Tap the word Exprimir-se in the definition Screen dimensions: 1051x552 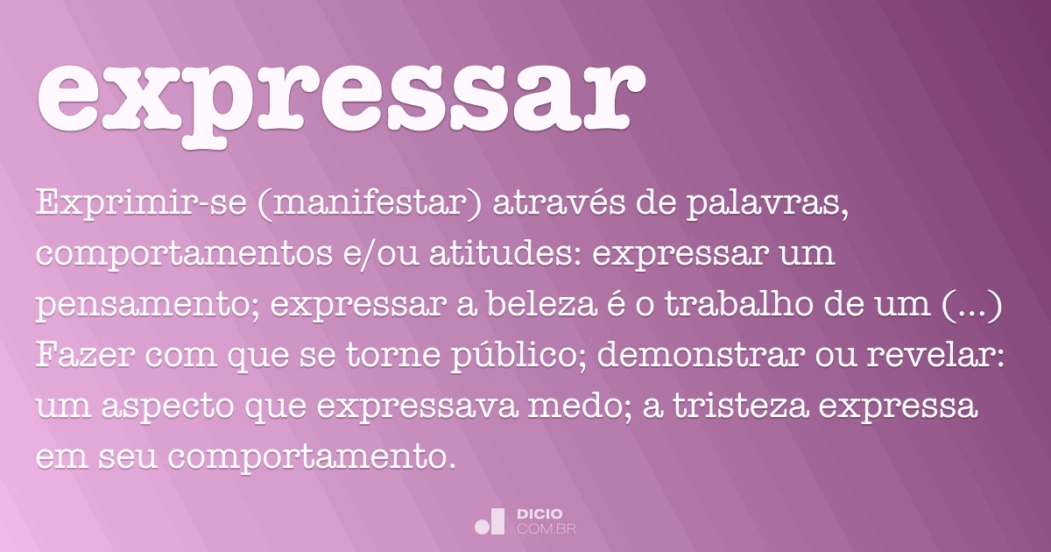tap(141, 203)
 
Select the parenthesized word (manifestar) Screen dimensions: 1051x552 tap(370, 203)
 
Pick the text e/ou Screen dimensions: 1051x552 tap(381, 253)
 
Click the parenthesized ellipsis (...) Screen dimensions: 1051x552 tap(971, 305)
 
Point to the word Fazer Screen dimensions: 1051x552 tap(86, 355)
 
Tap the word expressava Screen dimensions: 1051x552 tap(417, 407)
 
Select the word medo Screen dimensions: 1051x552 tap(580, 406)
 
